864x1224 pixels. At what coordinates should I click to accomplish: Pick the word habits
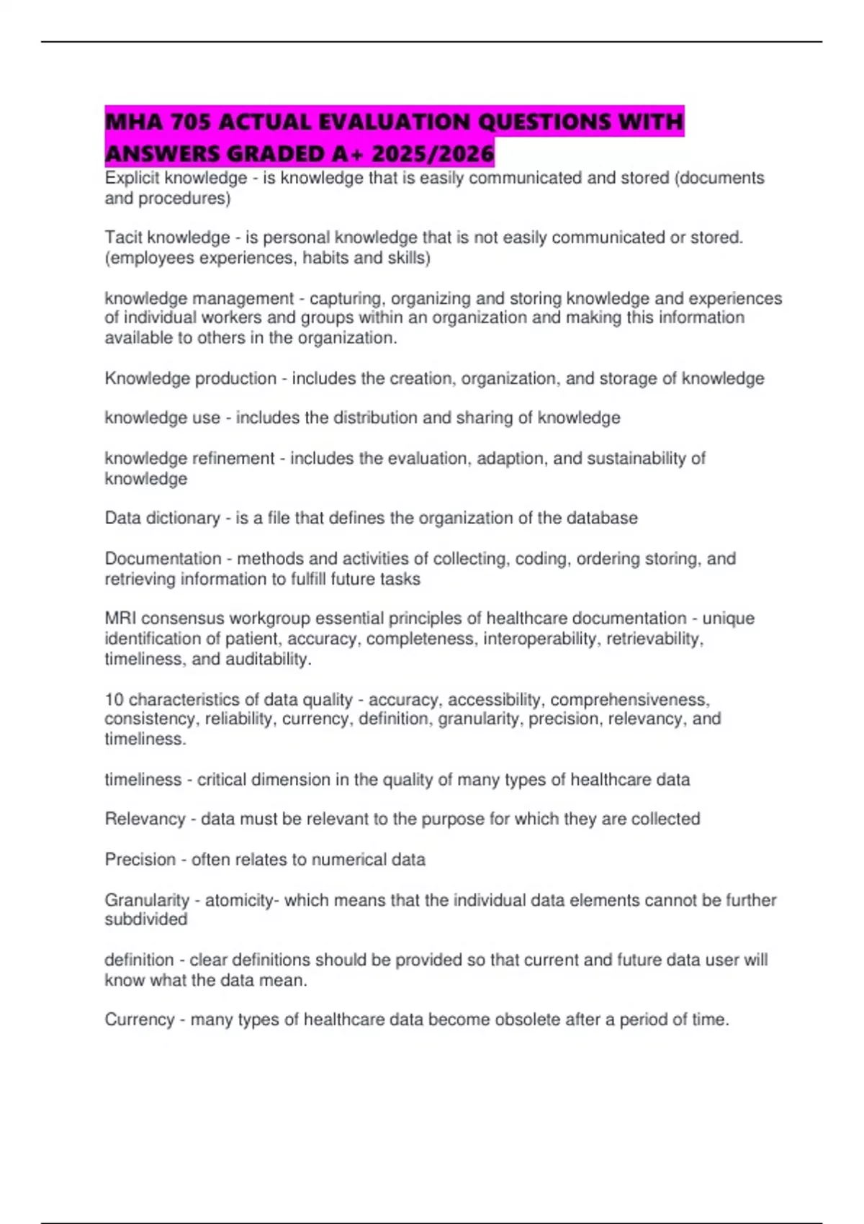coord(328,258)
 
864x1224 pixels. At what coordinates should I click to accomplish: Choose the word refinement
coord(234,459)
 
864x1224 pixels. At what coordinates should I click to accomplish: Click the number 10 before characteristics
coord(114,699)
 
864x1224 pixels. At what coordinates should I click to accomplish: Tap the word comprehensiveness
coord(629,699)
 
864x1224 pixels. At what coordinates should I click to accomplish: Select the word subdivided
coord(146,919)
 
